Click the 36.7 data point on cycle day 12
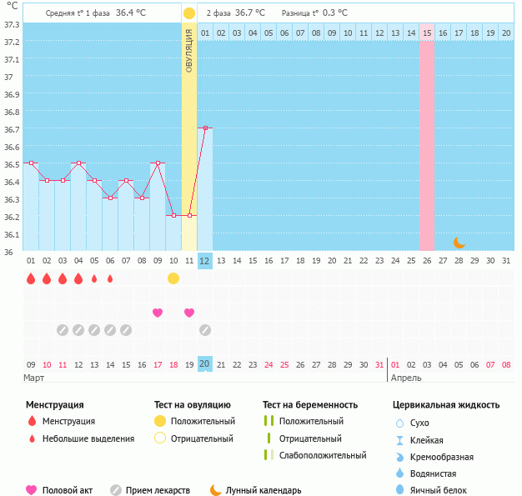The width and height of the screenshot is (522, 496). (204, 128)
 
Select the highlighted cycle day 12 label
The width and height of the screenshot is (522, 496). (204, 260)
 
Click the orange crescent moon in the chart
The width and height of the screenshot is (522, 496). (459, 242)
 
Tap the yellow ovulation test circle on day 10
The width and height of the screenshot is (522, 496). (173, 278)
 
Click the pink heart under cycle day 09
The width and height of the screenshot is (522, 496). (158, 313)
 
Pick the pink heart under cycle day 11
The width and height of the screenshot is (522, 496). (189, 313)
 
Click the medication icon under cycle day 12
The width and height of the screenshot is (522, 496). (205, 330)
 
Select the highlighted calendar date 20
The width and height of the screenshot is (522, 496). (204, 364)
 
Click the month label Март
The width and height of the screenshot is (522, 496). (34, 378)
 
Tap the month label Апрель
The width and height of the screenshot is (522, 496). (408, 378)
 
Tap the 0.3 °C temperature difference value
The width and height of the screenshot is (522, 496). (335, 13)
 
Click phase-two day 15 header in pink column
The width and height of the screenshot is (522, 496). (427, 33)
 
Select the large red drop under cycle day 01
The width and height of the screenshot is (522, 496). (31, 278)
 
